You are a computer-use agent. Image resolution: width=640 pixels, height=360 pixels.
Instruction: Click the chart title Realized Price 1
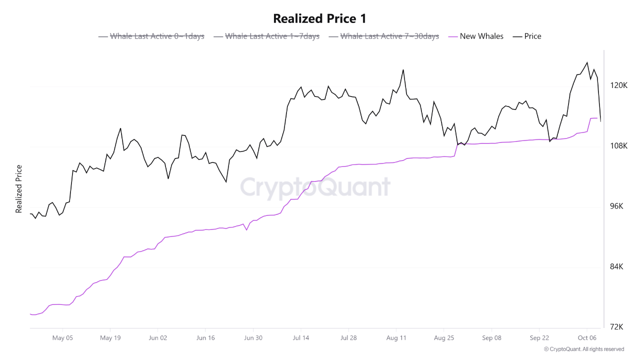(319, 19)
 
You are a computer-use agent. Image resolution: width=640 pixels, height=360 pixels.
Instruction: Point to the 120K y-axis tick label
(619, 85)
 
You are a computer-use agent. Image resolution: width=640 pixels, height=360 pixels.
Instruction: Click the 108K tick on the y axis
(619, 146)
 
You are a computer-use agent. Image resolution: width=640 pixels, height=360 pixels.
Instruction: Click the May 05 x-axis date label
(62, 338)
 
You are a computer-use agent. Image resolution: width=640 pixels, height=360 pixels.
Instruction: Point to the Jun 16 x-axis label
(205, 338)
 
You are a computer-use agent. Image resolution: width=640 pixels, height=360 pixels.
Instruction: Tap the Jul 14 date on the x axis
(300, 338)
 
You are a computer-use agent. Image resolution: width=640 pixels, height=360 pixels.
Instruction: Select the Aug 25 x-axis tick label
(443, 338)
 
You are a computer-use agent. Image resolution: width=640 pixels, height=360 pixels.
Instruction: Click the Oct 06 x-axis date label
(586, 338)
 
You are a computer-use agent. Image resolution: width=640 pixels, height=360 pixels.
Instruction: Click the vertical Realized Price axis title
(19, 189)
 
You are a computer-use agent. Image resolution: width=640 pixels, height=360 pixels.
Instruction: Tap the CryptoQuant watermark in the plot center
(315, 187)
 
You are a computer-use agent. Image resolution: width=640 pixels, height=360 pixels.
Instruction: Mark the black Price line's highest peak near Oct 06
(587, 62)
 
